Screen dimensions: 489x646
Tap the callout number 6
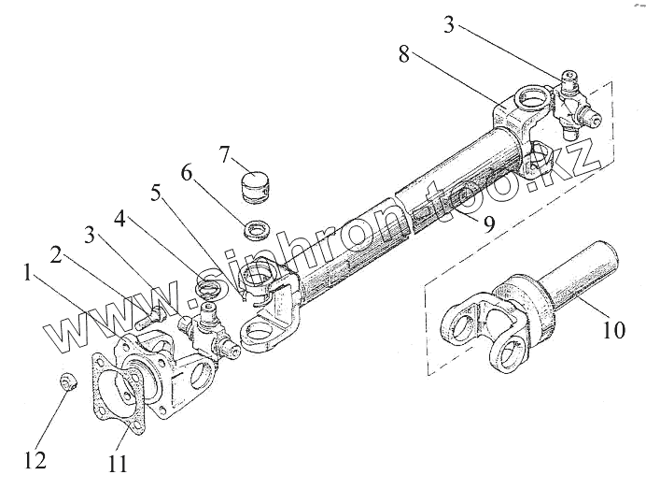pyautogui.click(x=187, y=174)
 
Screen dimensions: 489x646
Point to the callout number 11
pyautogui.click(x=117, y=463)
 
